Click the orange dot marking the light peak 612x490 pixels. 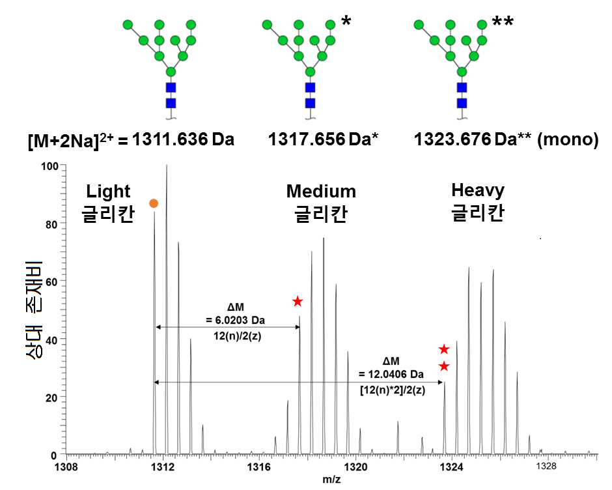click(x=154, y=203)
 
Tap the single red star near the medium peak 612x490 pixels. click(x=298, y=301)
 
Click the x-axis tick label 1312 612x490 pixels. click(x=162, y=467)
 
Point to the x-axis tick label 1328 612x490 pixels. click(x=546, y=466)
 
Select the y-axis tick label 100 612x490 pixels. click(x=49, y=166)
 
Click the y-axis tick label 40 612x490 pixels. click(x=51, y=340)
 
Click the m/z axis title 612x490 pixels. click(x=331, y=480)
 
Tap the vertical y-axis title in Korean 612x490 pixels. click(x=34, y=310)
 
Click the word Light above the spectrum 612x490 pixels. click(x=108, y=192)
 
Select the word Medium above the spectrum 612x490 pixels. click(x=321, y=192)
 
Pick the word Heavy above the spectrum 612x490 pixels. click(x=478, y=191)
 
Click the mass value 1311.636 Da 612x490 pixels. click(x=183, y=139)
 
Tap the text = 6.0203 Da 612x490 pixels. click(x=235, y=321)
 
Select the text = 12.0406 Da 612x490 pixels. click(x=391, y=374)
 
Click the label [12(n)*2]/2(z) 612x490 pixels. click(x=393, y=390)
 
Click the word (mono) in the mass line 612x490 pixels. click(x=568, y=140)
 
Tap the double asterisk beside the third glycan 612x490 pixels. click(x=503, y=21)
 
